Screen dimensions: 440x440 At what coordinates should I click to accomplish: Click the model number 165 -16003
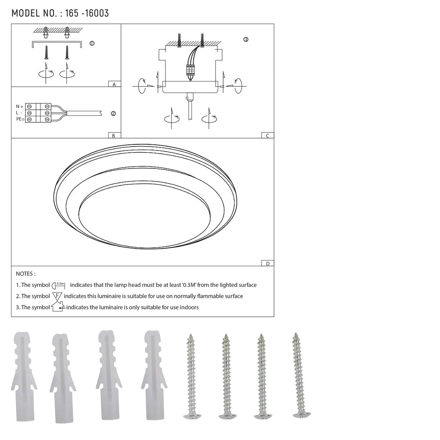pos(87,13)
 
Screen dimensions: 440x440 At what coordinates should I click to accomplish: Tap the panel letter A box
pos(114,84)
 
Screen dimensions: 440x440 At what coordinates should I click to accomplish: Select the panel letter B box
pos(114,136)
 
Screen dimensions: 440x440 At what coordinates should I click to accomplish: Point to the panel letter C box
pos(267,136)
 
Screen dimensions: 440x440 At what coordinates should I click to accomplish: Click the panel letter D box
pos(267,264)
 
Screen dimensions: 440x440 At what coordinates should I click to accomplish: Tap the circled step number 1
pos(92,44)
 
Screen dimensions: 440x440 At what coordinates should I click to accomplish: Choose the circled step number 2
pos(113,114)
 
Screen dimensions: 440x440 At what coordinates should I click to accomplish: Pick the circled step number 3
pos(246,40)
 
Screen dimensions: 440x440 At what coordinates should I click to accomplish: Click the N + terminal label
pos(19,106)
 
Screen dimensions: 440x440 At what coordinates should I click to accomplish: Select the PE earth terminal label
pos(20,120)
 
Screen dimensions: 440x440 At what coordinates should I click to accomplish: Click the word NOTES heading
pos(26,274)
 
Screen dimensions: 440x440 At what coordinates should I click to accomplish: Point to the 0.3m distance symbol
pos(59,285)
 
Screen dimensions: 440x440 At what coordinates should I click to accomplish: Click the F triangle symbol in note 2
pos(57,296)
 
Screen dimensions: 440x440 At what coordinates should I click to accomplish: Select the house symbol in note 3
pos(58,307)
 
